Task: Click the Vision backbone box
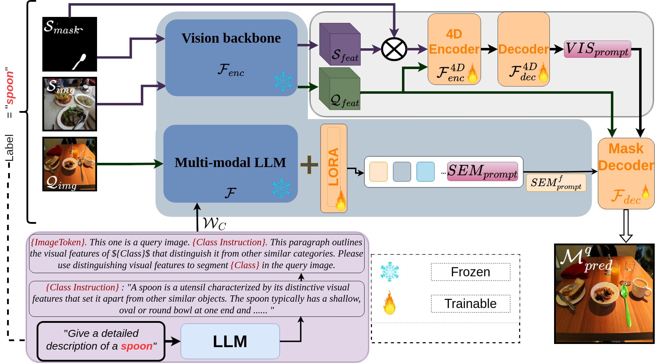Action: (x=231, y=57)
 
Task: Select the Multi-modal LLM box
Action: (x=230, y=163)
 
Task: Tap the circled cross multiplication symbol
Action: (x=394, y=49)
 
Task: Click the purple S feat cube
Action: (x=339, y=44)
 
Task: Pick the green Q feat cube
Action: (x=339, y=89)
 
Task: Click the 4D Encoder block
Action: (x=454, y=49)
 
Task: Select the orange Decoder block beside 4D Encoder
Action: (x=523, y=49)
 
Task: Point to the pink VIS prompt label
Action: (x=597, y=49)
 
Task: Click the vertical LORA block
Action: (x=333, y=168)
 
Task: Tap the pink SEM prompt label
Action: (x=482, y=172)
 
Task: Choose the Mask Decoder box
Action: (x=626, y=174)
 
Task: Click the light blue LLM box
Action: (x=230, y=341)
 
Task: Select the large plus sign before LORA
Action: (x=309, y=165)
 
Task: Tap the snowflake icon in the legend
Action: (x=390, y=272)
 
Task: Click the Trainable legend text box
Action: (x=470, y=303)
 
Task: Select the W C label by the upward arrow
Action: (x=215, y=223)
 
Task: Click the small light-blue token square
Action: (x=425, y=172)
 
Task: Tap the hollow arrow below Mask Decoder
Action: (x=626, y=226)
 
